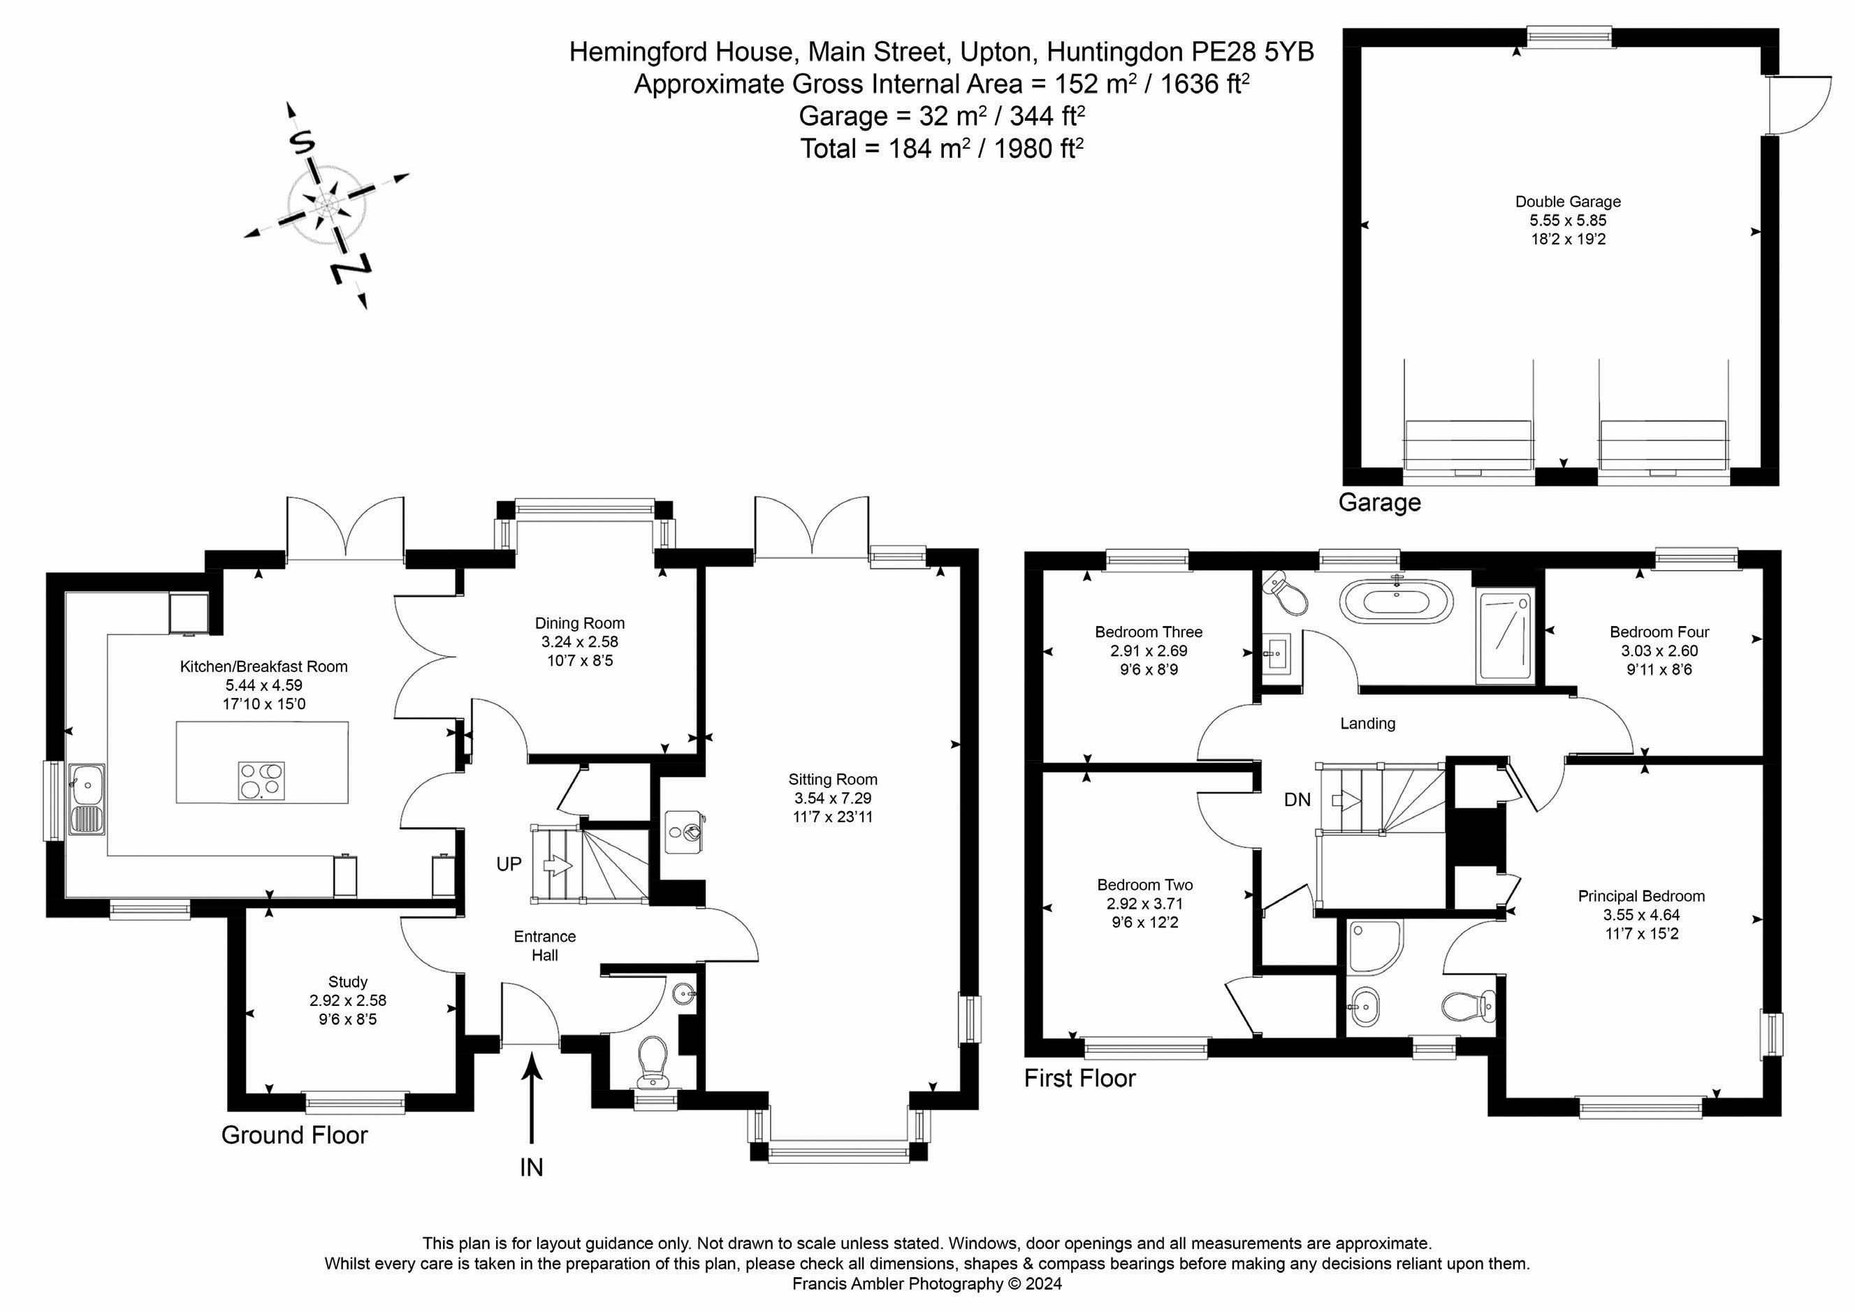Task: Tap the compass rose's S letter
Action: pyautogui.click(x=301, y=143)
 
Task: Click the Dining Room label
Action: pyautogui.click(x=579, y=623)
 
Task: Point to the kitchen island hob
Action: pyautogui.click(x=261, y=780)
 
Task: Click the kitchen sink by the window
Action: pyautogui.click(x=87, y=799)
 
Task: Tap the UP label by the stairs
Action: pyautogui.click(x=509, y=863)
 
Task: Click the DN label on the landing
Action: pyautogui.click(x=1297, y=799)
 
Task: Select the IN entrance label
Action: pyautogui.click(x=532, y=1167)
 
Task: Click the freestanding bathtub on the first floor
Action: pyautogui.click(x=1396, y=602)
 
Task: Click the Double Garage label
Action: pyautogui.click(x=1567, y=202)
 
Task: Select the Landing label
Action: pyautogui.click(x=1368, y=723)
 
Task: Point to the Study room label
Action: pyautogui.click(x=348, y=982)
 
